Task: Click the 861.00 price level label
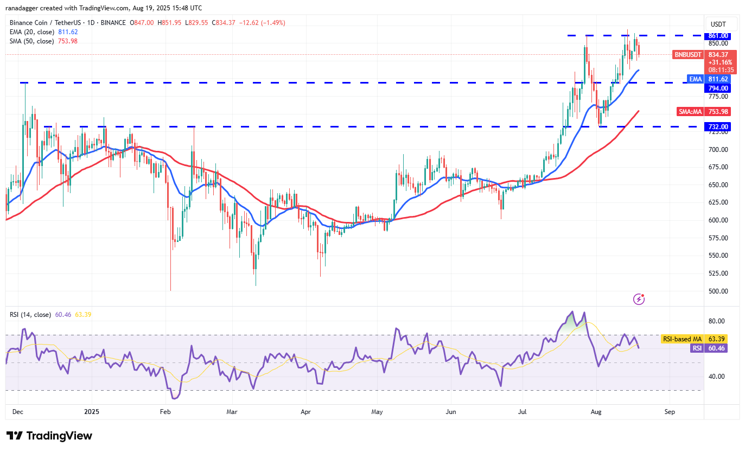tap(717, 36)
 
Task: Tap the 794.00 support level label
tap(717, 88)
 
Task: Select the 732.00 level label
tap(717, 126)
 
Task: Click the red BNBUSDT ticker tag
tap(688, 54)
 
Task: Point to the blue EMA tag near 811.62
tap(695, 79)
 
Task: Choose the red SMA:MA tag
tap(691, 112)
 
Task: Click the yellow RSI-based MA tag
tap(682, 339)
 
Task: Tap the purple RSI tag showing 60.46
tap(697, 348)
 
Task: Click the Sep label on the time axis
tap(670, 412)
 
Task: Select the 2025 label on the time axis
tap(91, 412)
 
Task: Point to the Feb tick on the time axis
tap(165, 412)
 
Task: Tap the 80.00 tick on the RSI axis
tap(717, 321)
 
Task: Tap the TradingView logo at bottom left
tap(49, 436)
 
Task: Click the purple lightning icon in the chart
tap(639, 298)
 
